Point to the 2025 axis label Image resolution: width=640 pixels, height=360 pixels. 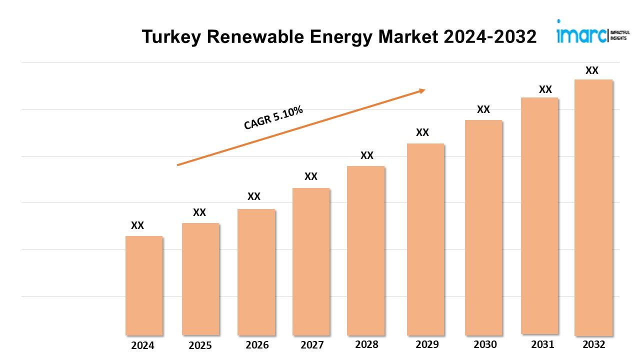click(x=200, y=345)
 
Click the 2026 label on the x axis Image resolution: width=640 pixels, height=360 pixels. click(x=257, y=345)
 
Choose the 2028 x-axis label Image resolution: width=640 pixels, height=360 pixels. click(x=366, y=344)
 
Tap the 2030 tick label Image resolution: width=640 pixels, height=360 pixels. click(x=485, y=344)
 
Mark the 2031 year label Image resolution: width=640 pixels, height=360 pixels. click(x=542, y=344)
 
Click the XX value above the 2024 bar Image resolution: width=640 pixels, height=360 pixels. click(x=137, y=225)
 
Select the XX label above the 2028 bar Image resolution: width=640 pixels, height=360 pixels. click(x=367, y=155)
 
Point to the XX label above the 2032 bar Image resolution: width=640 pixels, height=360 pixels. click(x=592, y=70)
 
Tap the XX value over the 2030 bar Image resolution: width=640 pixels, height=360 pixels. click(x=483, y=109)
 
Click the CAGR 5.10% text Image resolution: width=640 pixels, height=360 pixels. click(x=273, y=118)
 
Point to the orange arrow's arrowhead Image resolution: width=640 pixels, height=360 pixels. click(x=421, y=90)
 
